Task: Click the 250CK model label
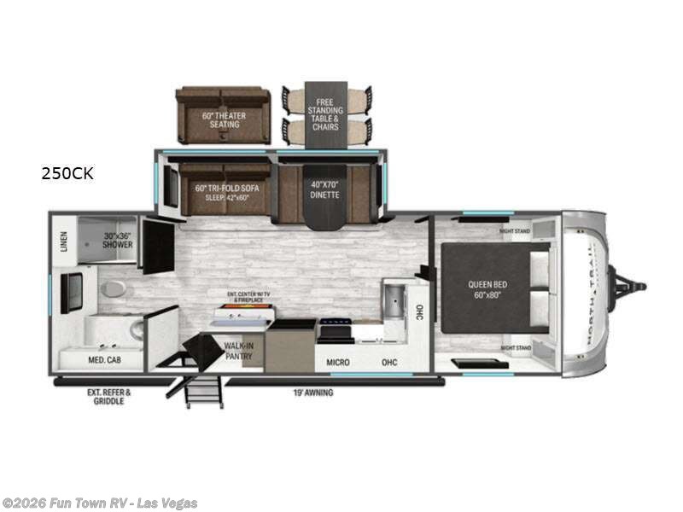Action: pos(68,174)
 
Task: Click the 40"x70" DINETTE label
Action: pos(324,189)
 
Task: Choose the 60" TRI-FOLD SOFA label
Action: pos(225,189)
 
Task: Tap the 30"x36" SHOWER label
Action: pos(118,240)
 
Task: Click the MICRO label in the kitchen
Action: pos(338,362)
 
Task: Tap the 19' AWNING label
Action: pos(312,393)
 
